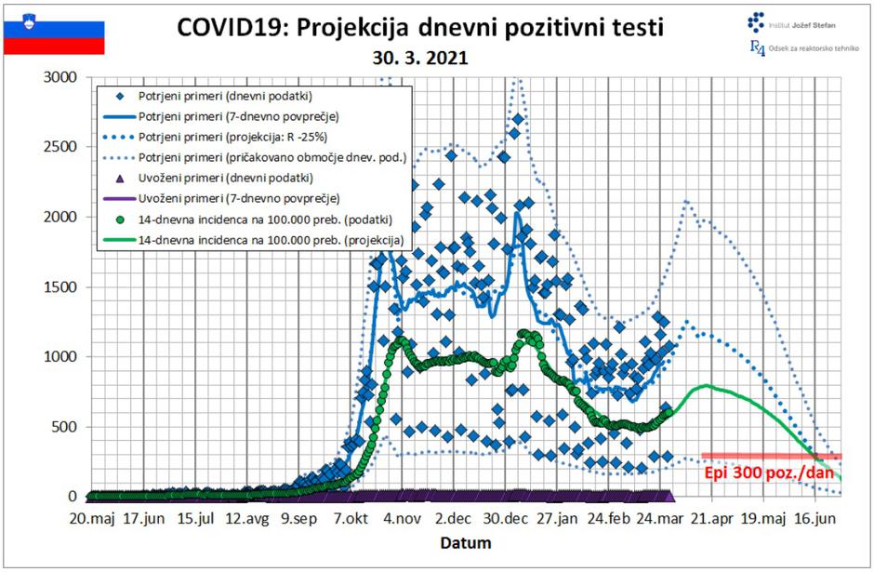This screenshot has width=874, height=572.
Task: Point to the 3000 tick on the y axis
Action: point(61,76)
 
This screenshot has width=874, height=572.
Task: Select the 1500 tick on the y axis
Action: point(61,286)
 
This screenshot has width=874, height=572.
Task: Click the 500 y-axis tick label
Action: point(66,427)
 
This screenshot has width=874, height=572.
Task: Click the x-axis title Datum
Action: point(465,542)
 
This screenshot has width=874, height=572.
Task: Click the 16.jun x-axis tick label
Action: point(816,518)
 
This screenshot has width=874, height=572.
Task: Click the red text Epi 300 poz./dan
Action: point(769,472)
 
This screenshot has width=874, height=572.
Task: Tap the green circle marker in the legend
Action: point(118,219)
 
